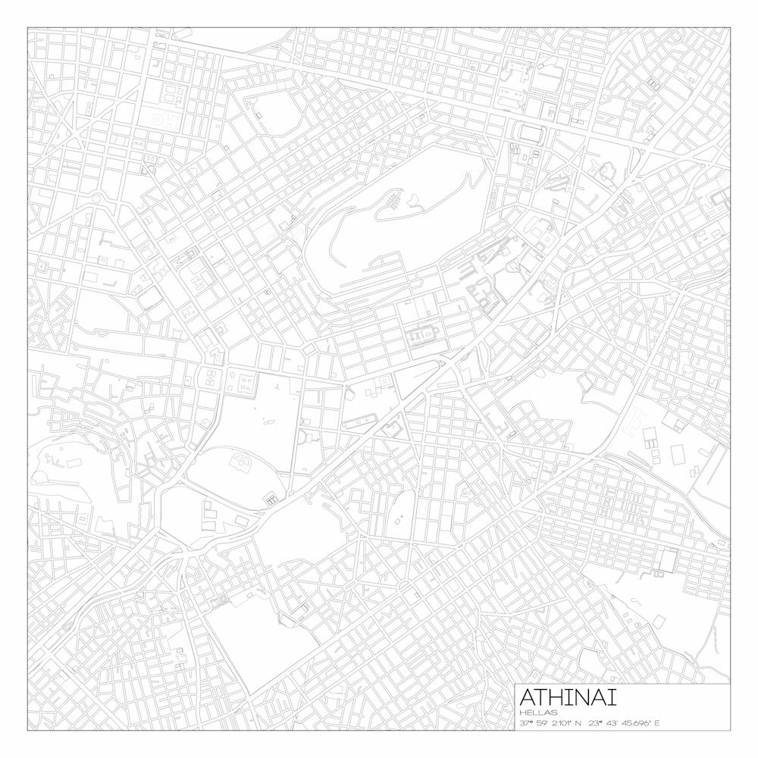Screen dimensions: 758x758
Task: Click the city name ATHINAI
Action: pyautogui.click(x=568, y=697)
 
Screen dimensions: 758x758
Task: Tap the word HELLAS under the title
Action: pyautogui.click(x=539, y=713)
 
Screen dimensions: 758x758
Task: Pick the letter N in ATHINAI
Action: pyautogui.click(x=588, y=697)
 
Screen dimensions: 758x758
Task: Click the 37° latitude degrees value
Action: pyautogui.click(x=525, y=723)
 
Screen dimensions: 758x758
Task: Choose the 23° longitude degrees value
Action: pyautogui.click(x=596, y=723)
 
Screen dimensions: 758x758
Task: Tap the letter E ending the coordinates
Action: pyautogui.click(x=657, y=723)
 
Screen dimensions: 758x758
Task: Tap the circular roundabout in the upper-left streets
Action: pyautogui.click(x=97, y=199)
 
